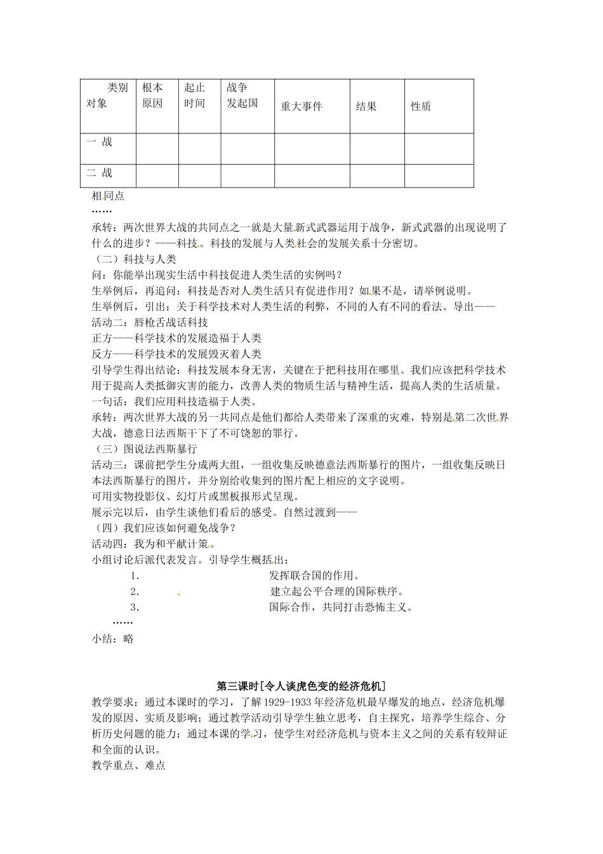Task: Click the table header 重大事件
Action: click(301, 106)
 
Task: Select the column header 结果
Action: click(366, 106)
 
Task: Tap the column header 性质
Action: click(421, 106)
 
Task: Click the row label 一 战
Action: click(99, 142)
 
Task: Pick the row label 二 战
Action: click(99, 172)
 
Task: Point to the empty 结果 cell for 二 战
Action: click(376, 175)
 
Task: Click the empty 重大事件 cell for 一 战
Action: click(312, 148)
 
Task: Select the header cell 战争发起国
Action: click(242, 95)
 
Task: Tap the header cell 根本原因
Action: click(152, 95)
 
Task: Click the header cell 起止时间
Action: click(195, 95)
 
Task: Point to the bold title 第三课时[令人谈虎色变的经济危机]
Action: click(301, 686)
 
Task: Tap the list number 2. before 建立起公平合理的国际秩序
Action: click(135, 592)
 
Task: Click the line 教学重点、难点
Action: click(128, 766)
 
